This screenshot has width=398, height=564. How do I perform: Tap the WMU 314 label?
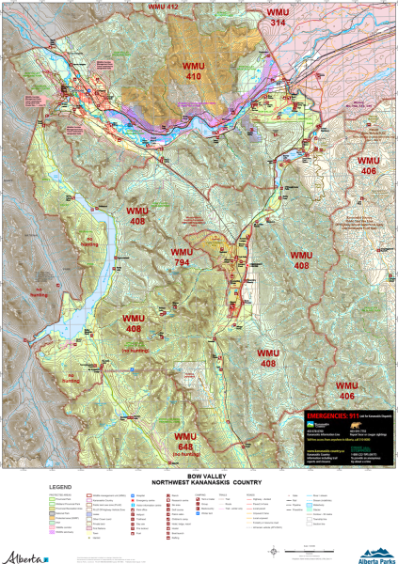pyautogui.click(x=278, y=16)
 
